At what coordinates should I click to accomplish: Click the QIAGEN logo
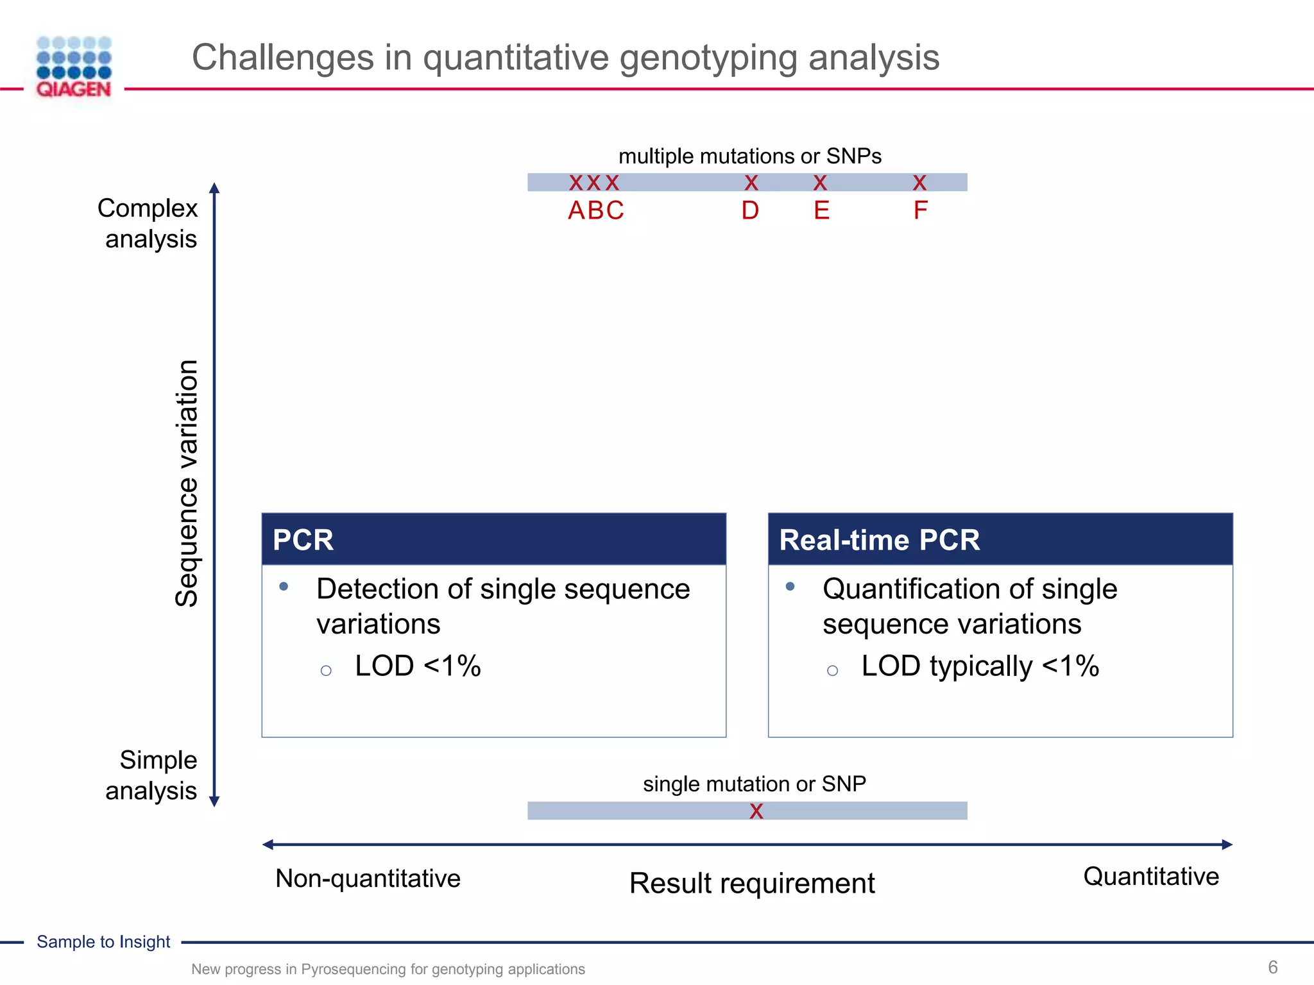(74, 67)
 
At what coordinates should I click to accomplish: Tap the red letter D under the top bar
(750, 210)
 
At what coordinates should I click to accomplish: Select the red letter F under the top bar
(920, 210)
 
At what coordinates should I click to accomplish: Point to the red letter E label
(821, 210)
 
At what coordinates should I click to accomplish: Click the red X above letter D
(751, 183)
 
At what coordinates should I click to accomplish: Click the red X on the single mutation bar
(756, 811)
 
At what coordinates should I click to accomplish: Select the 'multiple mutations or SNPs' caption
(749, 156)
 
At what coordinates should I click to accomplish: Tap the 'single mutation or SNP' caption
(755, 784)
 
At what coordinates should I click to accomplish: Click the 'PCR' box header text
(303, 540)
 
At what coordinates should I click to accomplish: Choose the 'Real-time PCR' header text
(879, 540)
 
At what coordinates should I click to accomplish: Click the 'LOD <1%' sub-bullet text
(418, 666)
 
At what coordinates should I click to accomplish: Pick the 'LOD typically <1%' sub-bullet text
(980, 666)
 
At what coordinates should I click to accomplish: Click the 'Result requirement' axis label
(752, 883)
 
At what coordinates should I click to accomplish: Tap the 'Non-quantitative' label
(368, 879)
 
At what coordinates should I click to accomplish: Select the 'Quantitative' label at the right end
(1151, 877)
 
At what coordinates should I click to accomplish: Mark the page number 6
(1273, 967)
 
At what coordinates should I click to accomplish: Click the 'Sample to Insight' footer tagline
(103, 942)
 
